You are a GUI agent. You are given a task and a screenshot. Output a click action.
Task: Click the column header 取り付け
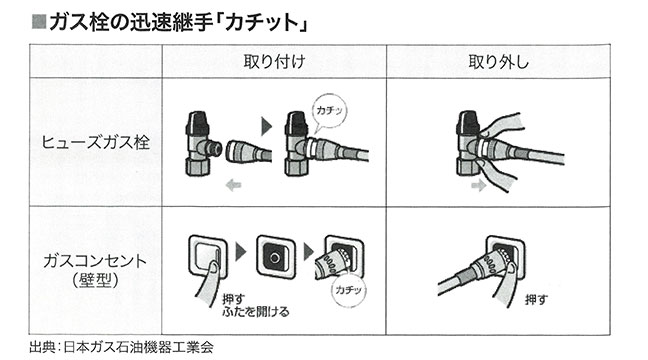(274, 62)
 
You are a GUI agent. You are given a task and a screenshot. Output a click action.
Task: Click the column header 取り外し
(498, 62)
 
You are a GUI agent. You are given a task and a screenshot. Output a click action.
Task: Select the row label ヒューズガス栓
(95, 143)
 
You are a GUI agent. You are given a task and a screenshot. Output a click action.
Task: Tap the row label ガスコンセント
(95, 261)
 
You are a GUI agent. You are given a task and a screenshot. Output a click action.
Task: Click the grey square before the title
(39, 22)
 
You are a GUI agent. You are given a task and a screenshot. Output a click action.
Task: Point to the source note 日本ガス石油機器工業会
(138, 347)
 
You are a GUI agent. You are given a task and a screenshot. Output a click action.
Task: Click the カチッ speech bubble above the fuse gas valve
(329, 111)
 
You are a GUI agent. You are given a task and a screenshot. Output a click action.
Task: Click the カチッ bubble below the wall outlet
(349, 290)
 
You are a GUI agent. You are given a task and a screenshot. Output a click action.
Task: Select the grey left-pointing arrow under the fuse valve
(233, 185)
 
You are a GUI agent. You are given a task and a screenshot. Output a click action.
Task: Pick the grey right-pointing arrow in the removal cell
(479, 185)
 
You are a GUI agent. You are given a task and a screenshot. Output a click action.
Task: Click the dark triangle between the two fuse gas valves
(267, 126)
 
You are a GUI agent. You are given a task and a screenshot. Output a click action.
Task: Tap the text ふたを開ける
(255, 312)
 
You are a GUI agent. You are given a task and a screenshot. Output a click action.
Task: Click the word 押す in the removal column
(536, 299)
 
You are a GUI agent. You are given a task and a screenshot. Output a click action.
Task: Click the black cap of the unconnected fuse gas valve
(198, 120)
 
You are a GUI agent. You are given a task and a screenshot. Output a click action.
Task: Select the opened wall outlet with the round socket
(276, 257)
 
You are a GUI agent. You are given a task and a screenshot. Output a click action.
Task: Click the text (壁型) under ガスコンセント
(95, 280)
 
